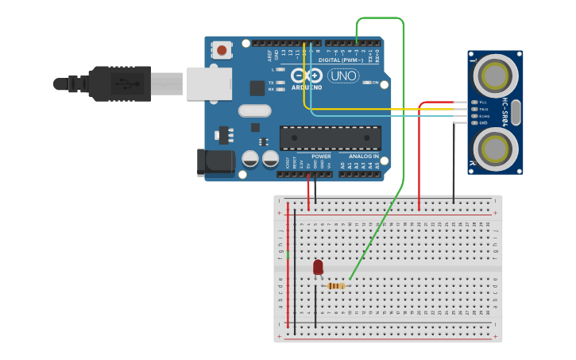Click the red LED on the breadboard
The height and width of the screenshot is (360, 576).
pyautogui.click(x=318, y=267)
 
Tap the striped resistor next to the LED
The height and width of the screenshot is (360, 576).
pyautogui.click(x=336, y=286)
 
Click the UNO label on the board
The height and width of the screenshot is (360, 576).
pyautogui.click(x=343, y=76)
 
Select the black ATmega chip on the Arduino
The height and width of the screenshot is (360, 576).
pyautogui.click(x=330, y=137)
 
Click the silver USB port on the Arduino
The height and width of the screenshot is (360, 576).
pyautogui.click(x=209, y=83)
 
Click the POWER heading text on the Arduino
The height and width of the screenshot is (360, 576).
pyautogui.click(x=321, y=157)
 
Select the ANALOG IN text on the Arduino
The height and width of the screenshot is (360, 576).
pyautogui.click(x=364, y=157)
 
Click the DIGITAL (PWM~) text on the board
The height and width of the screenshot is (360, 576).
pyautogui.click(x=339, y=60)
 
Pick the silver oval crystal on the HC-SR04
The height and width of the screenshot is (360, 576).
pyautogui.click(x=516, y=112)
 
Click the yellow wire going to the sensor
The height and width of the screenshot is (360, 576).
pyautogui.click(x=381, y=110)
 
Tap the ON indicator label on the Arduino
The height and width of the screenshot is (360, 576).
pyautogui.click(x=376, y=83)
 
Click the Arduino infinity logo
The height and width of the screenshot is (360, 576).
pyautogui.click(x=302, y=76)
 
